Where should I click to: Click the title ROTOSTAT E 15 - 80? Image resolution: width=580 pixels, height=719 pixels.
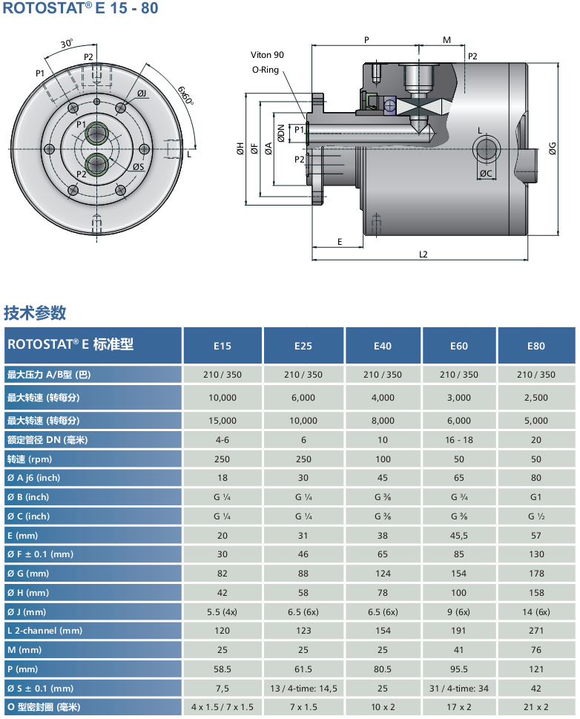point(81,10)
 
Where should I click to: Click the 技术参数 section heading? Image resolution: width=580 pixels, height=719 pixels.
point(35,312)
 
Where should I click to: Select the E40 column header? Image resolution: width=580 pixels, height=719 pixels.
point(383,346)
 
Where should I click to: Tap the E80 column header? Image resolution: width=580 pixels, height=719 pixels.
point(535,346)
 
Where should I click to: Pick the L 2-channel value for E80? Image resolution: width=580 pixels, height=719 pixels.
point(535,631)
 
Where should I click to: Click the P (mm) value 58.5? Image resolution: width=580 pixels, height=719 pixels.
point(223,669)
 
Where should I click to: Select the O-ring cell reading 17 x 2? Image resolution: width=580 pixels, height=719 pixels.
point(459,707)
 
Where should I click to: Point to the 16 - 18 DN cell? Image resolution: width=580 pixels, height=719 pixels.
point(459,440)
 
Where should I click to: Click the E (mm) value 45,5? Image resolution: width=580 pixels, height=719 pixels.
point(459,535)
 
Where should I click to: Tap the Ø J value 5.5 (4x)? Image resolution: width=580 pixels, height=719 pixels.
point(223,611)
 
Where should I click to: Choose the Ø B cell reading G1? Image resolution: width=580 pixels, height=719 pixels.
point(535,497)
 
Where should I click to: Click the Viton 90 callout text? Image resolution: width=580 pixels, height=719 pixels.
point(267,56)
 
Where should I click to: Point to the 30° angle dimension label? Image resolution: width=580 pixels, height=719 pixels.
point(67,44)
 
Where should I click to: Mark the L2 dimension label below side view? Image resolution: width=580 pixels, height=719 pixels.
point(423,254)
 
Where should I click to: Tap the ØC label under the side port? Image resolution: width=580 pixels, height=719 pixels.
point(486,174)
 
